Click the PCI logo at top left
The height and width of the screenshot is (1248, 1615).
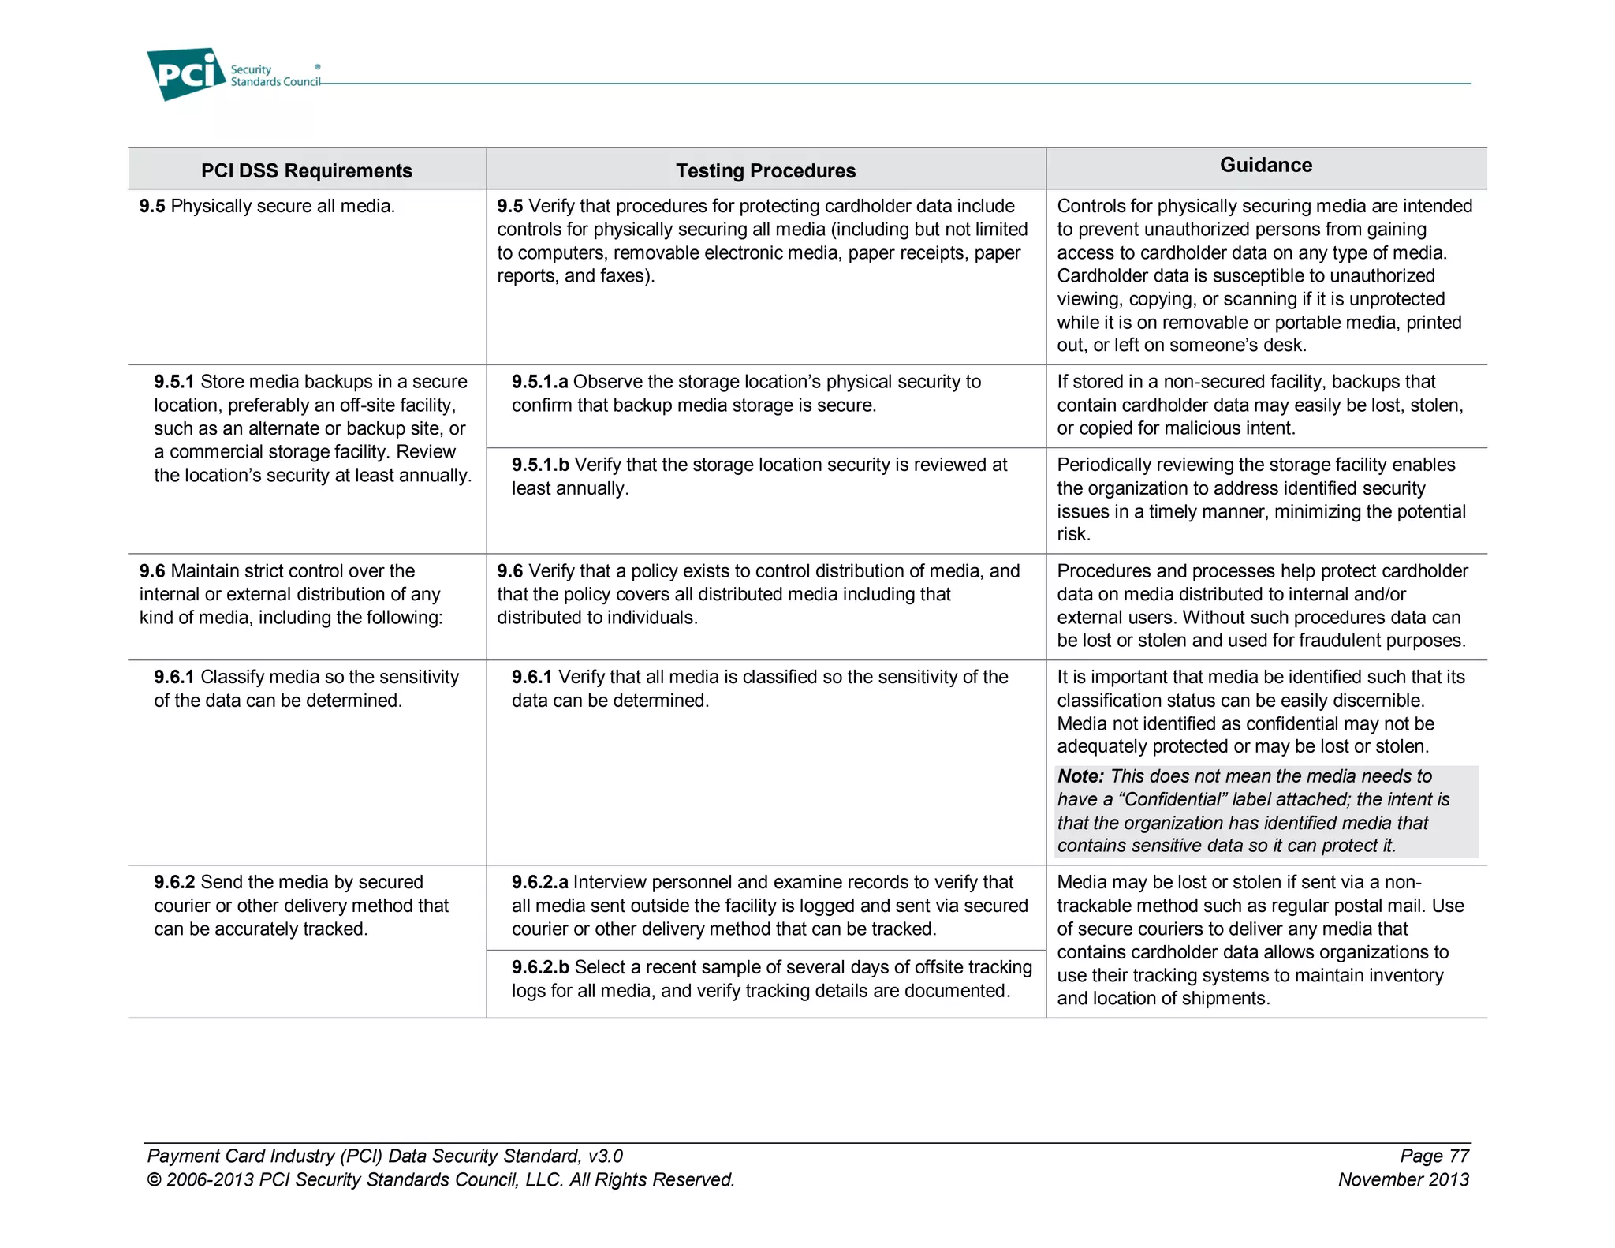pyautogui.click(x=186, y=74)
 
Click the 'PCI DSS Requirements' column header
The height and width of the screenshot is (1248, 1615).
pyautogui.click(x=306, y=170)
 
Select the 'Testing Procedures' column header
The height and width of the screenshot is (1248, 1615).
pyautogui.click(x=765, y=170)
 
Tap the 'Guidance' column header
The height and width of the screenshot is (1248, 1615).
pyautogui.click(x=1266, y=165)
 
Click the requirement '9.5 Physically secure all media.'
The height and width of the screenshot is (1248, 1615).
pyautogui.click(x=267, y=206)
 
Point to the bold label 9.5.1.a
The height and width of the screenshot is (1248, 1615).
pyautogui.click(x=539, y=382)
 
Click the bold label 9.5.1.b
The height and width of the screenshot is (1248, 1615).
pyautogui.click(x=540, y=465)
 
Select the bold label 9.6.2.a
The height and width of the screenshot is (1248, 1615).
pyautogui.click(x=539, y=882)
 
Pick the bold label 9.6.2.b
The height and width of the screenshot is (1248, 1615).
pyautogui.click(x=540, y=967)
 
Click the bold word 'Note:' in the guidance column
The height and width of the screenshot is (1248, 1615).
pyautogui.click(x=1080, y=776)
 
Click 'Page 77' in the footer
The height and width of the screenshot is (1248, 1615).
pyautogui.click(x=1434, y=1156)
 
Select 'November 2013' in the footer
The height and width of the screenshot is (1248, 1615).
pyautogui.click(x=1403, y=1179)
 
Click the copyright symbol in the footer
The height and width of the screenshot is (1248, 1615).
pyautogui.click(x=154, y=1180)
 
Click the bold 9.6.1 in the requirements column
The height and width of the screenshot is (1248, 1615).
pyautogui.click(x=173, y=677)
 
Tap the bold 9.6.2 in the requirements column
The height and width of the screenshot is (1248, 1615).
pyautogui.click(x=173, y=882)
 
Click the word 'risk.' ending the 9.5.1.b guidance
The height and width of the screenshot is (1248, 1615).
pyautogui.click(x=1073, y=534)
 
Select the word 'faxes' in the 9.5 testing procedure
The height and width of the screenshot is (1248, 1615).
pyautogui.click(x=625, y=276)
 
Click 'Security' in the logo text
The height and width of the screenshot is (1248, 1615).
pyautogui.click(x=251, y=69)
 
